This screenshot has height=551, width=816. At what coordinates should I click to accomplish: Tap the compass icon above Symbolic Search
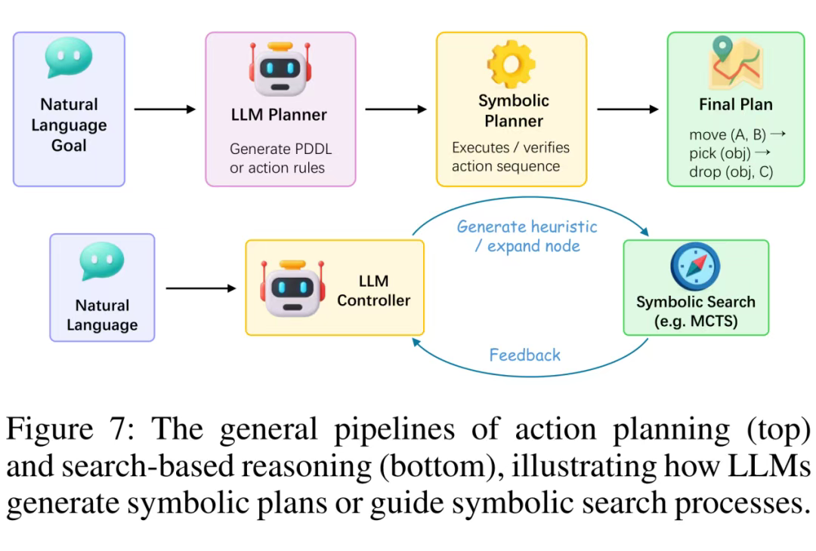click(x=695, y=266)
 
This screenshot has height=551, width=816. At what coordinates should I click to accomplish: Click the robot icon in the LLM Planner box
click(x=280, y=69)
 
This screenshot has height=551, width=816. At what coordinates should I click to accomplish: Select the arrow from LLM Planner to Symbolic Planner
click(x=396, y=109)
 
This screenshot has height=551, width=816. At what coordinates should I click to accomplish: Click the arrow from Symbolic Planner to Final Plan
click(x=627, y=109)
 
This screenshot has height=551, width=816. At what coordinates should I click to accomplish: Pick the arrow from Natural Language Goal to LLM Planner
click(x=165, y=109)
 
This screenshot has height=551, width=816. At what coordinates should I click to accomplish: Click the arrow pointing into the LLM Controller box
click(x=201, y=288)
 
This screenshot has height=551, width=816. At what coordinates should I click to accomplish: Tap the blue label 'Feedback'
click(x=525, y=355)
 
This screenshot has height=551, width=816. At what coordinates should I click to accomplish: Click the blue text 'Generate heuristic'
click(x=527, y=226)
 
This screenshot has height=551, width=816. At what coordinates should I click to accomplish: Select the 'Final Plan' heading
click(x=735, y=104)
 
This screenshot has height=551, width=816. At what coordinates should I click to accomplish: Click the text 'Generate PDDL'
click(x=280, y=149)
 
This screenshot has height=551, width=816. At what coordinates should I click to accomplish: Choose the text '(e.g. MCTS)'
click(x=695, y=322)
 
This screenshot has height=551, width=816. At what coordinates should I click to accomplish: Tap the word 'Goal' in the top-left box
click(x=69, y=146)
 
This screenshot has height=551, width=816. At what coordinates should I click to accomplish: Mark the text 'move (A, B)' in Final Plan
click(x=728, y=135)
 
